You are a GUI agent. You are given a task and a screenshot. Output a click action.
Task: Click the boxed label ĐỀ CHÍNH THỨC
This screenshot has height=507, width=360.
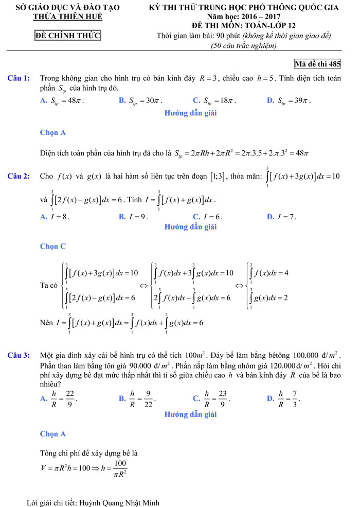point(67,36)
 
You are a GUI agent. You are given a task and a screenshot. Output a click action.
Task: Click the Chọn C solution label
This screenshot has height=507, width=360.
point(52,246)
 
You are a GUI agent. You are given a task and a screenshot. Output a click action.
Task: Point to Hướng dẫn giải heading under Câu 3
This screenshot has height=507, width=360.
point(190,414)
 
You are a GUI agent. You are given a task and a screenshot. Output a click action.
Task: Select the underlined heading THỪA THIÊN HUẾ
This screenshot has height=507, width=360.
point(67,16)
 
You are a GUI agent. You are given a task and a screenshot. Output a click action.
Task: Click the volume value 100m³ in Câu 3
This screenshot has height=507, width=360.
point(194,355)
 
